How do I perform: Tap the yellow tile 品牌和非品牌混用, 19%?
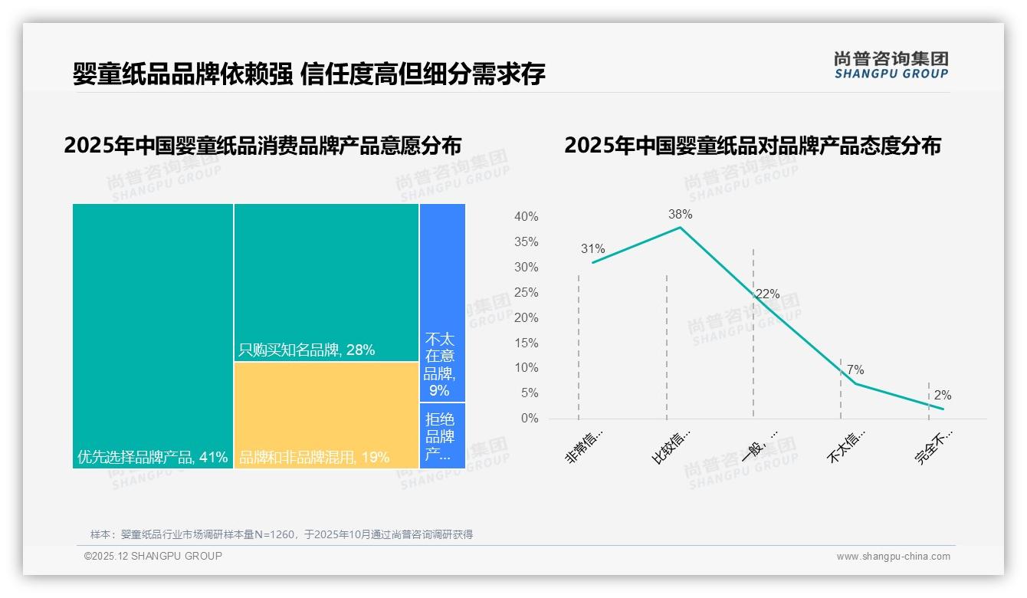[326, 415]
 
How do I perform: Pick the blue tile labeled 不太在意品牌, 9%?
[442, 302]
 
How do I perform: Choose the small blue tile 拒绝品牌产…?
[442, 435]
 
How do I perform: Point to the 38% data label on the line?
[680, 215]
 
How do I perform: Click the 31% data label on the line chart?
[592, 249]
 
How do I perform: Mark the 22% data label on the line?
[767, 294]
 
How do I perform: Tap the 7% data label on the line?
[855, 370]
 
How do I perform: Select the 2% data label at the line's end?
[943, 396]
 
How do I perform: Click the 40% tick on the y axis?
[526, 217]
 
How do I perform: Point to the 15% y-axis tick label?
[526, 343]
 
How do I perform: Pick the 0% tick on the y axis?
[529, 419]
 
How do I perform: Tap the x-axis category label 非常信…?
[585, 447]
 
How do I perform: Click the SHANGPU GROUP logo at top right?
[891, 65]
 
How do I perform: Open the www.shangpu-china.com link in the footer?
[893, 557]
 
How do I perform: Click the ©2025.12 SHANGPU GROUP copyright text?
[153, 556]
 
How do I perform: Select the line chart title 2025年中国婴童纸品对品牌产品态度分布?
[753, 146]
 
